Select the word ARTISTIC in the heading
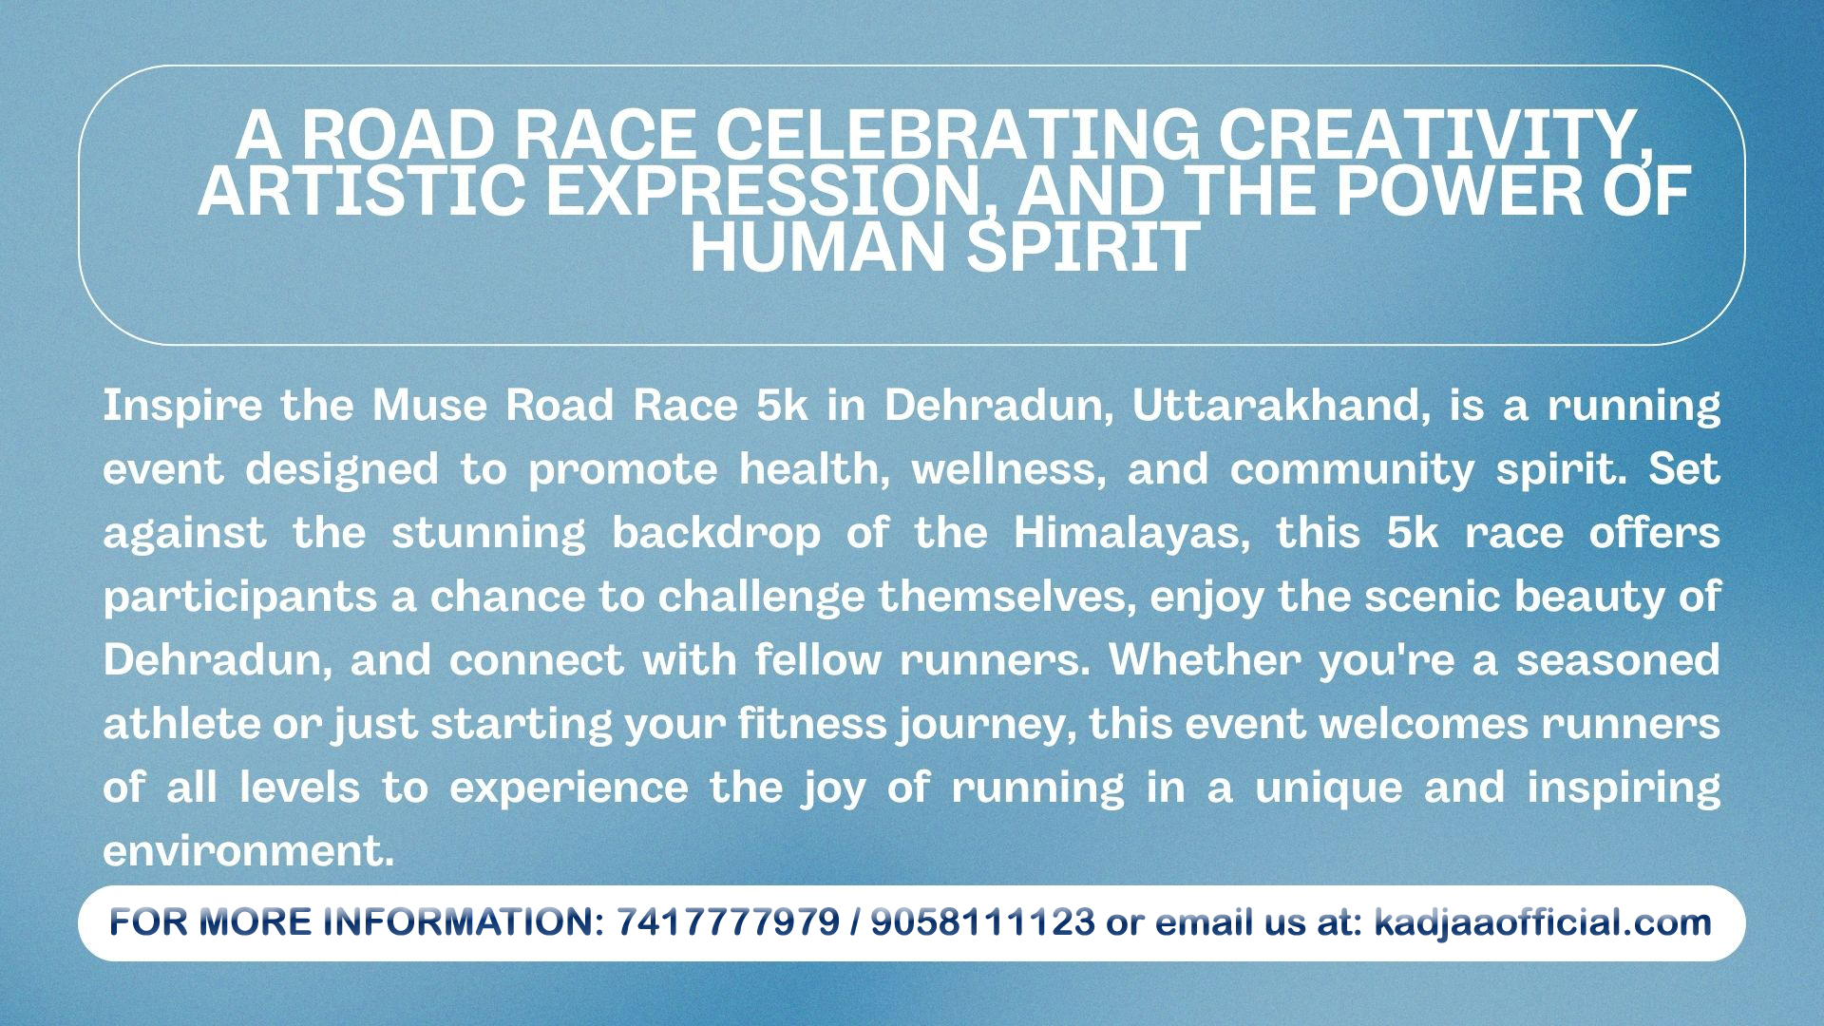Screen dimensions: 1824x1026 (x=361, y=190)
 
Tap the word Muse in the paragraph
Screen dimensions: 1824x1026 (x=428, y=405)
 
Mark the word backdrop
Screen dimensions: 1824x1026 (x=716, y=534)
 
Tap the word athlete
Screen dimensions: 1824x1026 (x=180, y=724)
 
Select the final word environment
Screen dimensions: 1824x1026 (x=248, y=851)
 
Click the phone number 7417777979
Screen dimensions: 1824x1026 (x=729, y=921)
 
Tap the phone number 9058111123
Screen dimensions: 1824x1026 (x=982, y=921)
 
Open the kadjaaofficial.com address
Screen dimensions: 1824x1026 (x=1543, y=922)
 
